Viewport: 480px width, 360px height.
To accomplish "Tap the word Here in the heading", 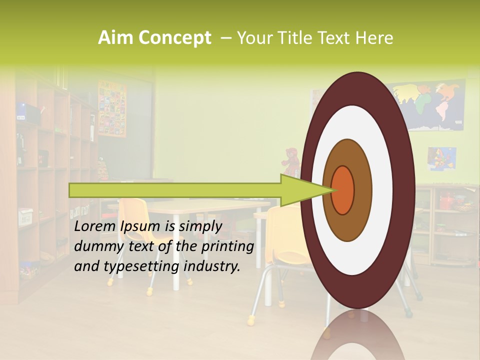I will pos(376,38).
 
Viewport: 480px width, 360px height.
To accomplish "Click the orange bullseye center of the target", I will pos(342,190).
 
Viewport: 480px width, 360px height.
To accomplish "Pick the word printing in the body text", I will pos(227,246).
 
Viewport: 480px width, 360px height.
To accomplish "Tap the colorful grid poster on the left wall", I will pos(112,108).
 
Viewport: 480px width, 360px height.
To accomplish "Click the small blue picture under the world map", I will pos(442,158).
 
